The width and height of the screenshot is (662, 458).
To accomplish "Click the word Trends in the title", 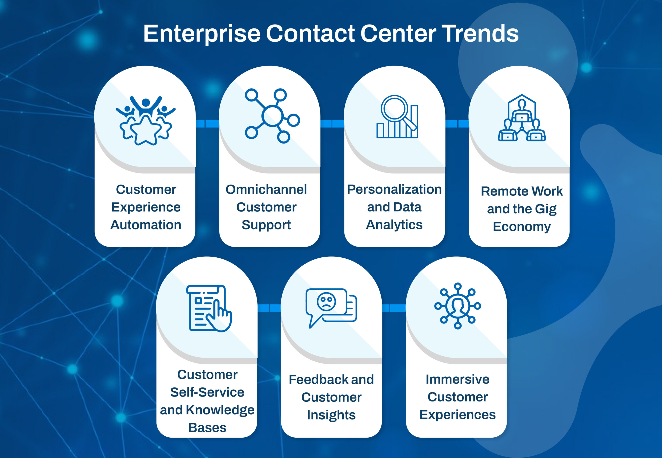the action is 480,33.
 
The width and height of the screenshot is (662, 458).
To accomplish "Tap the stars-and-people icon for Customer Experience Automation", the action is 146,121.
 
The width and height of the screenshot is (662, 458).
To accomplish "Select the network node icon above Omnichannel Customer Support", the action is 272,116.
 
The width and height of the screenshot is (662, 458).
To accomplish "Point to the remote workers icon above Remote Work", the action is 522,118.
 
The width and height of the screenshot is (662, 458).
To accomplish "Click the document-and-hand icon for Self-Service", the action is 209,308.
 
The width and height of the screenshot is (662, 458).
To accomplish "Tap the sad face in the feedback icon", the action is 326,301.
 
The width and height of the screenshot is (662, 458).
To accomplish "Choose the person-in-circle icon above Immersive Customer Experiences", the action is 458,306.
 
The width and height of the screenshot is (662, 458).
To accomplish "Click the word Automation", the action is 146,225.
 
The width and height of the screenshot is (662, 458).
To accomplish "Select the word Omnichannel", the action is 266,189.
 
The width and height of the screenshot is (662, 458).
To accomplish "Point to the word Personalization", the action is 394,189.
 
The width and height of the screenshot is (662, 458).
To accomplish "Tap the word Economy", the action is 522,227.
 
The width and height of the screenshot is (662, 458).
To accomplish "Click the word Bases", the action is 207,428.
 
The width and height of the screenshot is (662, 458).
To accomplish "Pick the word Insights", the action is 331,415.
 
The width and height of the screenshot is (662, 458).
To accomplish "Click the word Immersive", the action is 458,379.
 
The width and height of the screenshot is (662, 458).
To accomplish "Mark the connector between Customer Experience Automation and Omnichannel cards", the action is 207,124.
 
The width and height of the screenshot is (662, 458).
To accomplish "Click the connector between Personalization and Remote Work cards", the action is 457,124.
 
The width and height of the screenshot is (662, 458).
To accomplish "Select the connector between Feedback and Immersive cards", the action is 394,308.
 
